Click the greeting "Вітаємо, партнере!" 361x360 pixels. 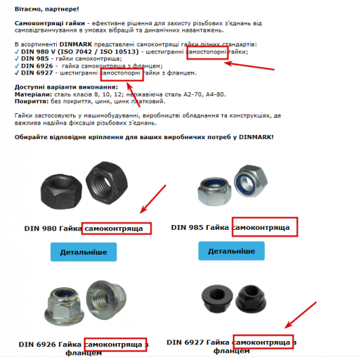[47, 9]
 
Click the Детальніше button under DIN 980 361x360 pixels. [84, 252]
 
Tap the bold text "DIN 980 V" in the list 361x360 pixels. [38, 51]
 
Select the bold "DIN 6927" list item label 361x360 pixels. [37, 73]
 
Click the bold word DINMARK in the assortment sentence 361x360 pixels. [76, 44]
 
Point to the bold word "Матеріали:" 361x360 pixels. [33, 94]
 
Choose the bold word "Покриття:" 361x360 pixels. [32, 101]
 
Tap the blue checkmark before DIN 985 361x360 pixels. [17, 58]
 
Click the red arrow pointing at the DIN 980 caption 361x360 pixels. [153, 199]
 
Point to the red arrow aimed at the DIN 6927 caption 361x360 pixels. [301, 315]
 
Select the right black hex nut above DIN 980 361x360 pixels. [107, 183]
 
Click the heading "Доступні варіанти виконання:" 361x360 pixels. [66, 87]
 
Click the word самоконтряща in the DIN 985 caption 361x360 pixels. [261, 228]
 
